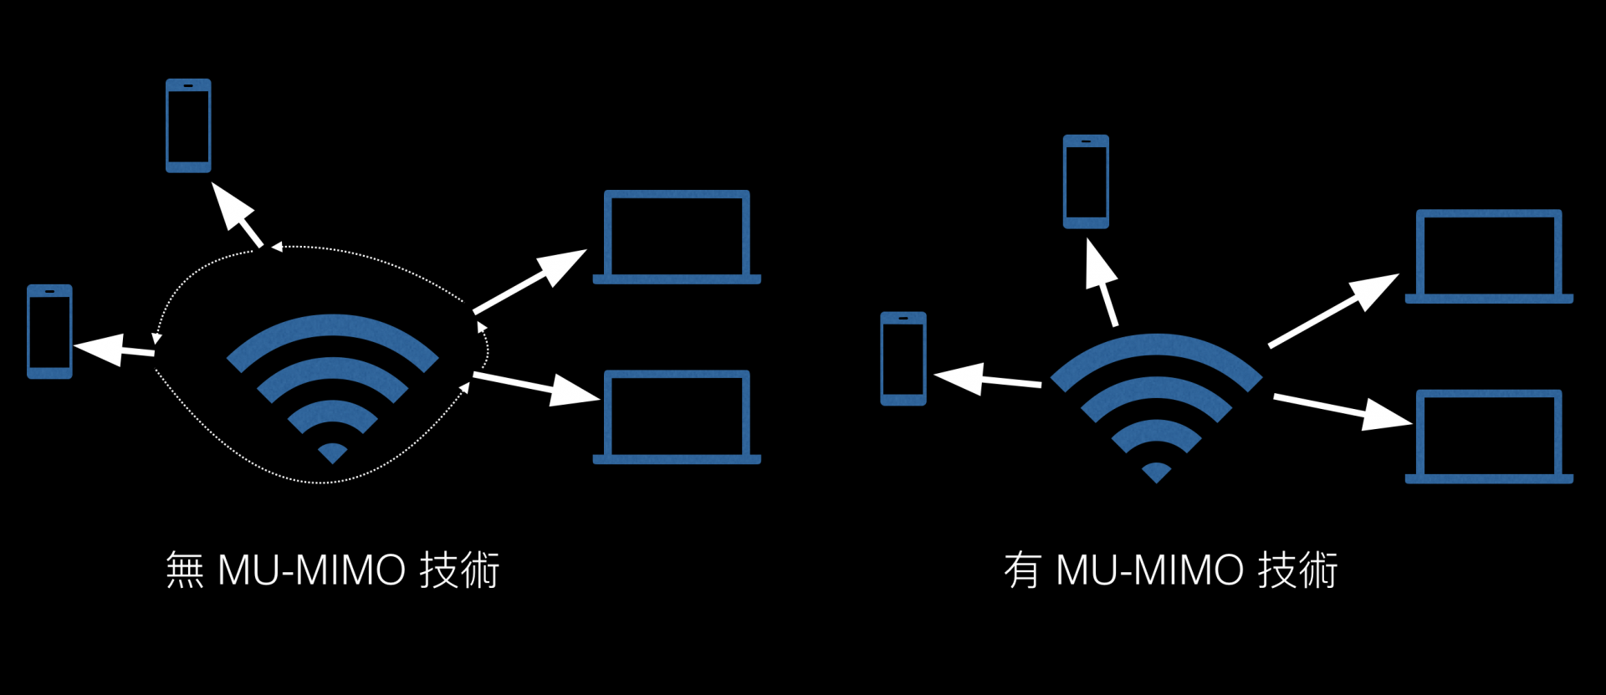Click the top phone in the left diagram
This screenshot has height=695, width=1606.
click(188, 125)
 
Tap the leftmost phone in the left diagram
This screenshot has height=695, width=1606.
click(49, 331)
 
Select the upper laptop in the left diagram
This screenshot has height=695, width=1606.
click(677, 237)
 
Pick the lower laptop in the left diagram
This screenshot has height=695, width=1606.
click(677, 416)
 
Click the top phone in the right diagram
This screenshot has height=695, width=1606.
click(1086, 181)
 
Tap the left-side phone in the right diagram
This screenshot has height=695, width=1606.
click(903, 359)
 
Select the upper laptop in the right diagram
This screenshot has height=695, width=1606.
click(1489, 256)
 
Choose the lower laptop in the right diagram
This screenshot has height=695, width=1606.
click(1489, 436)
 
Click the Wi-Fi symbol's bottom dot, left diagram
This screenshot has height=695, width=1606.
click(332, 452)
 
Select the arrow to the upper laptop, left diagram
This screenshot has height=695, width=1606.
click(530, 281)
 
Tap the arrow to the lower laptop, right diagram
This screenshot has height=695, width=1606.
click(1343, 409)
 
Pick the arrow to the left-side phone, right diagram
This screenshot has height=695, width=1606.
click(987, 379)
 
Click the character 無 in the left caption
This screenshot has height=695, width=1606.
click(185, 570)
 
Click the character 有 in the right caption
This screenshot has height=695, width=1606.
click(1022, 570)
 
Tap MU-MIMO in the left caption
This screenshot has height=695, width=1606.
click(311, 570)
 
